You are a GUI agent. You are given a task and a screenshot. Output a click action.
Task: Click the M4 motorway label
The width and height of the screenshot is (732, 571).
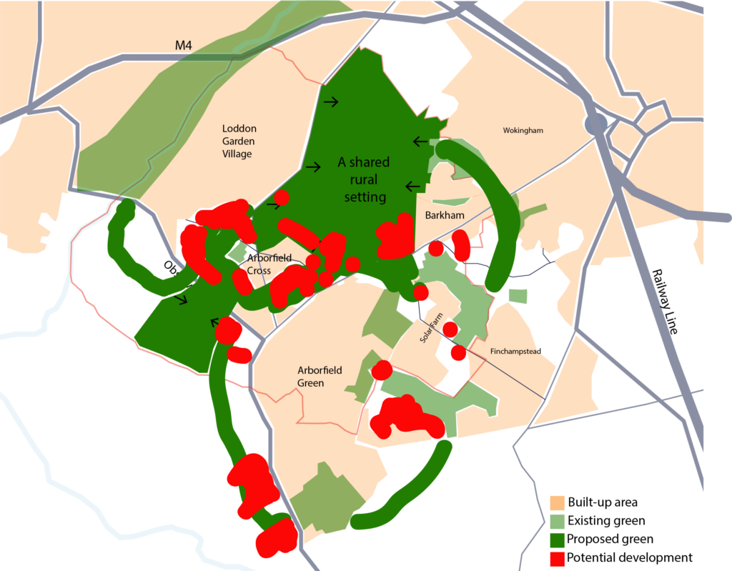184,46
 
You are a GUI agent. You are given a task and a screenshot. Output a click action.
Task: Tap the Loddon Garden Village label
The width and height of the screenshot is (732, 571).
239,141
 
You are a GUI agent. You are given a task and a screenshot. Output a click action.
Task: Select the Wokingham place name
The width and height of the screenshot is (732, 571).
523,131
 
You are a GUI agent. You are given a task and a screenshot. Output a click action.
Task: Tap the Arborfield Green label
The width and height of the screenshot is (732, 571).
320,377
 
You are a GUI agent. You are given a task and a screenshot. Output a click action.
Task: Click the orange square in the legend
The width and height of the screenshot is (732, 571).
558,503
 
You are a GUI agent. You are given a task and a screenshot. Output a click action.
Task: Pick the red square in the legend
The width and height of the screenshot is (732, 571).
558,559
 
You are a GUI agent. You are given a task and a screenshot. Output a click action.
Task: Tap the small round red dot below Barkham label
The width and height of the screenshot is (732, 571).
435,249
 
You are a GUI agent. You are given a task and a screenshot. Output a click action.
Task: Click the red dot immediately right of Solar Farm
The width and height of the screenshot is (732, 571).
450,329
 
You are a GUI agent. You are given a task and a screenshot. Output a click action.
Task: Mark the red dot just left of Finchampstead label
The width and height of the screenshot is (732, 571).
458,353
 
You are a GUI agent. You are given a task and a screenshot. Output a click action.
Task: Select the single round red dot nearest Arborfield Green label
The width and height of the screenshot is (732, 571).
382,370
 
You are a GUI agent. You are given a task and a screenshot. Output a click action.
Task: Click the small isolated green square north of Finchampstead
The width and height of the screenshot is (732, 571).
518,296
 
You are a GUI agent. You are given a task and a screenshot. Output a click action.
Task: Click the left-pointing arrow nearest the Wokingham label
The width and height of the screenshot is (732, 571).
420,141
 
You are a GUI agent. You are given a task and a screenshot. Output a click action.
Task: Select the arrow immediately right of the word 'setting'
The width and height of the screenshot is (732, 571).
412,187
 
